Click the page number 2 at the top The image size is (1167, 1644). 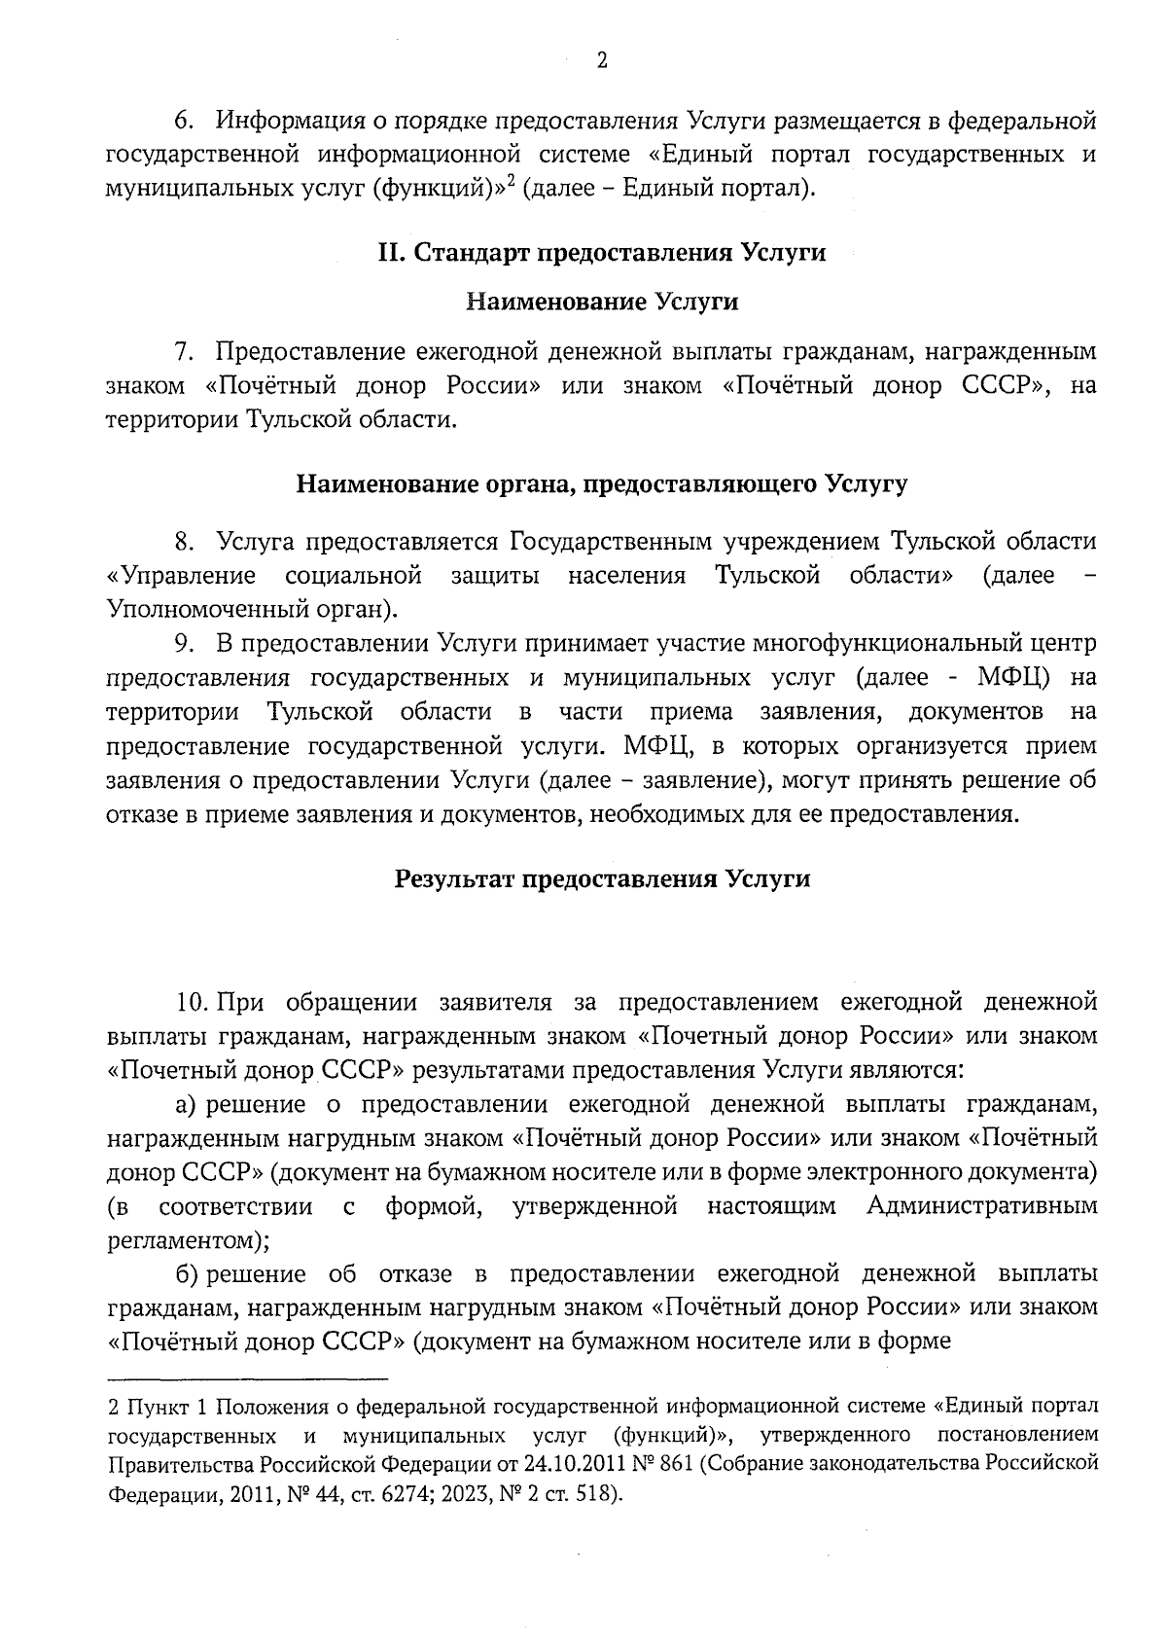pos(602,61)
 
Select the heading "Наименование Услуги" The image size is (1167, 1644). pos(602,302)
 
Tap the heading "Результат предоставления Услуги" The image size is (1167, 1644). pos(602,879)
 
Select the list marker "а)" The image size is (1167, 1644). pos(187,1104)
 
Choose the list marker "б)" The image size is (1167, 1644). pos(187,1274)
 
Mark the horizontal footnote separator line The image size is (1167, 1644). pos(247,1378)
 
